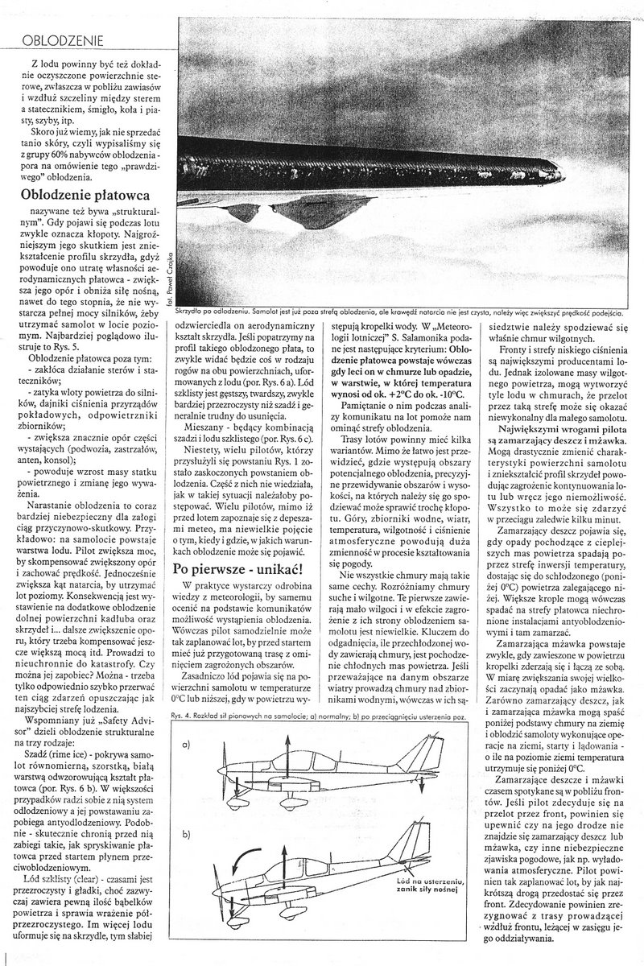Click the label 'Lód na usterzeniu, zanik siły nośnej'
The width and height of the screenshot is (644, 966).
click(435, 885)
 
